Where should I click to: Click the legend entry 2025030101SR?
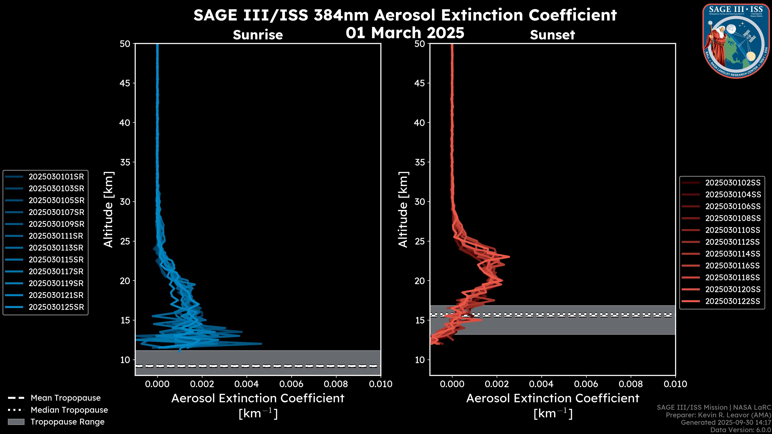pyautogui.click(x=56, y=177)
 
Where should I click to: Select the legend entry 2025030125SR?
pyautogui.click(x=56, y=307)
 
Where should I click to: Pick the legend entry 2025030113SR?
pyautogui.click(x=56, y=248)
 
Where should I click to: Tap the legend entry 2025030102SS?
pyautogui.click(x=732, y=183)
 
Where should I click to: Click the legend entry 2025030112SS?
pyautogui.click(x=732, y=242)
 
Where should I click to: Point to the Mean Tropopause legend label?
pyautogui.click(x=66, y=398)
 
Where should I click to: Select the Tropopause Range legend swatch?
pyautogui.click(x=16, y=422)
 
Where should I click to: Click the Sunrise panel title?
pyautogui.click(x=258, y=35)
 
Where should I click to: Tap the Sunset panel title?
pyautogui.click(x=552, y=35)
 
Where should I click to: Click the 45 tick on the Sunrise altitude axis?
pyautogui.click(x=125, y=83)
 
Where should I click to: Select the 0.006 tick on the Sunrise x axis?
pyautogui.click(x=291, y=384)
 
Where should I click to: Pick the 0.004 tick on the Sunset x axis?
pyautogui.click(x=542, y=384)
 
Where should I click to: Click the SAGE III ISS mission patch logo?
pyautogui.click(x=736, y=41)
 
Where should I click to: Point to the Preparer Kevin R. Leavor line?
pyautogui.click(x=718, y=415)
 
